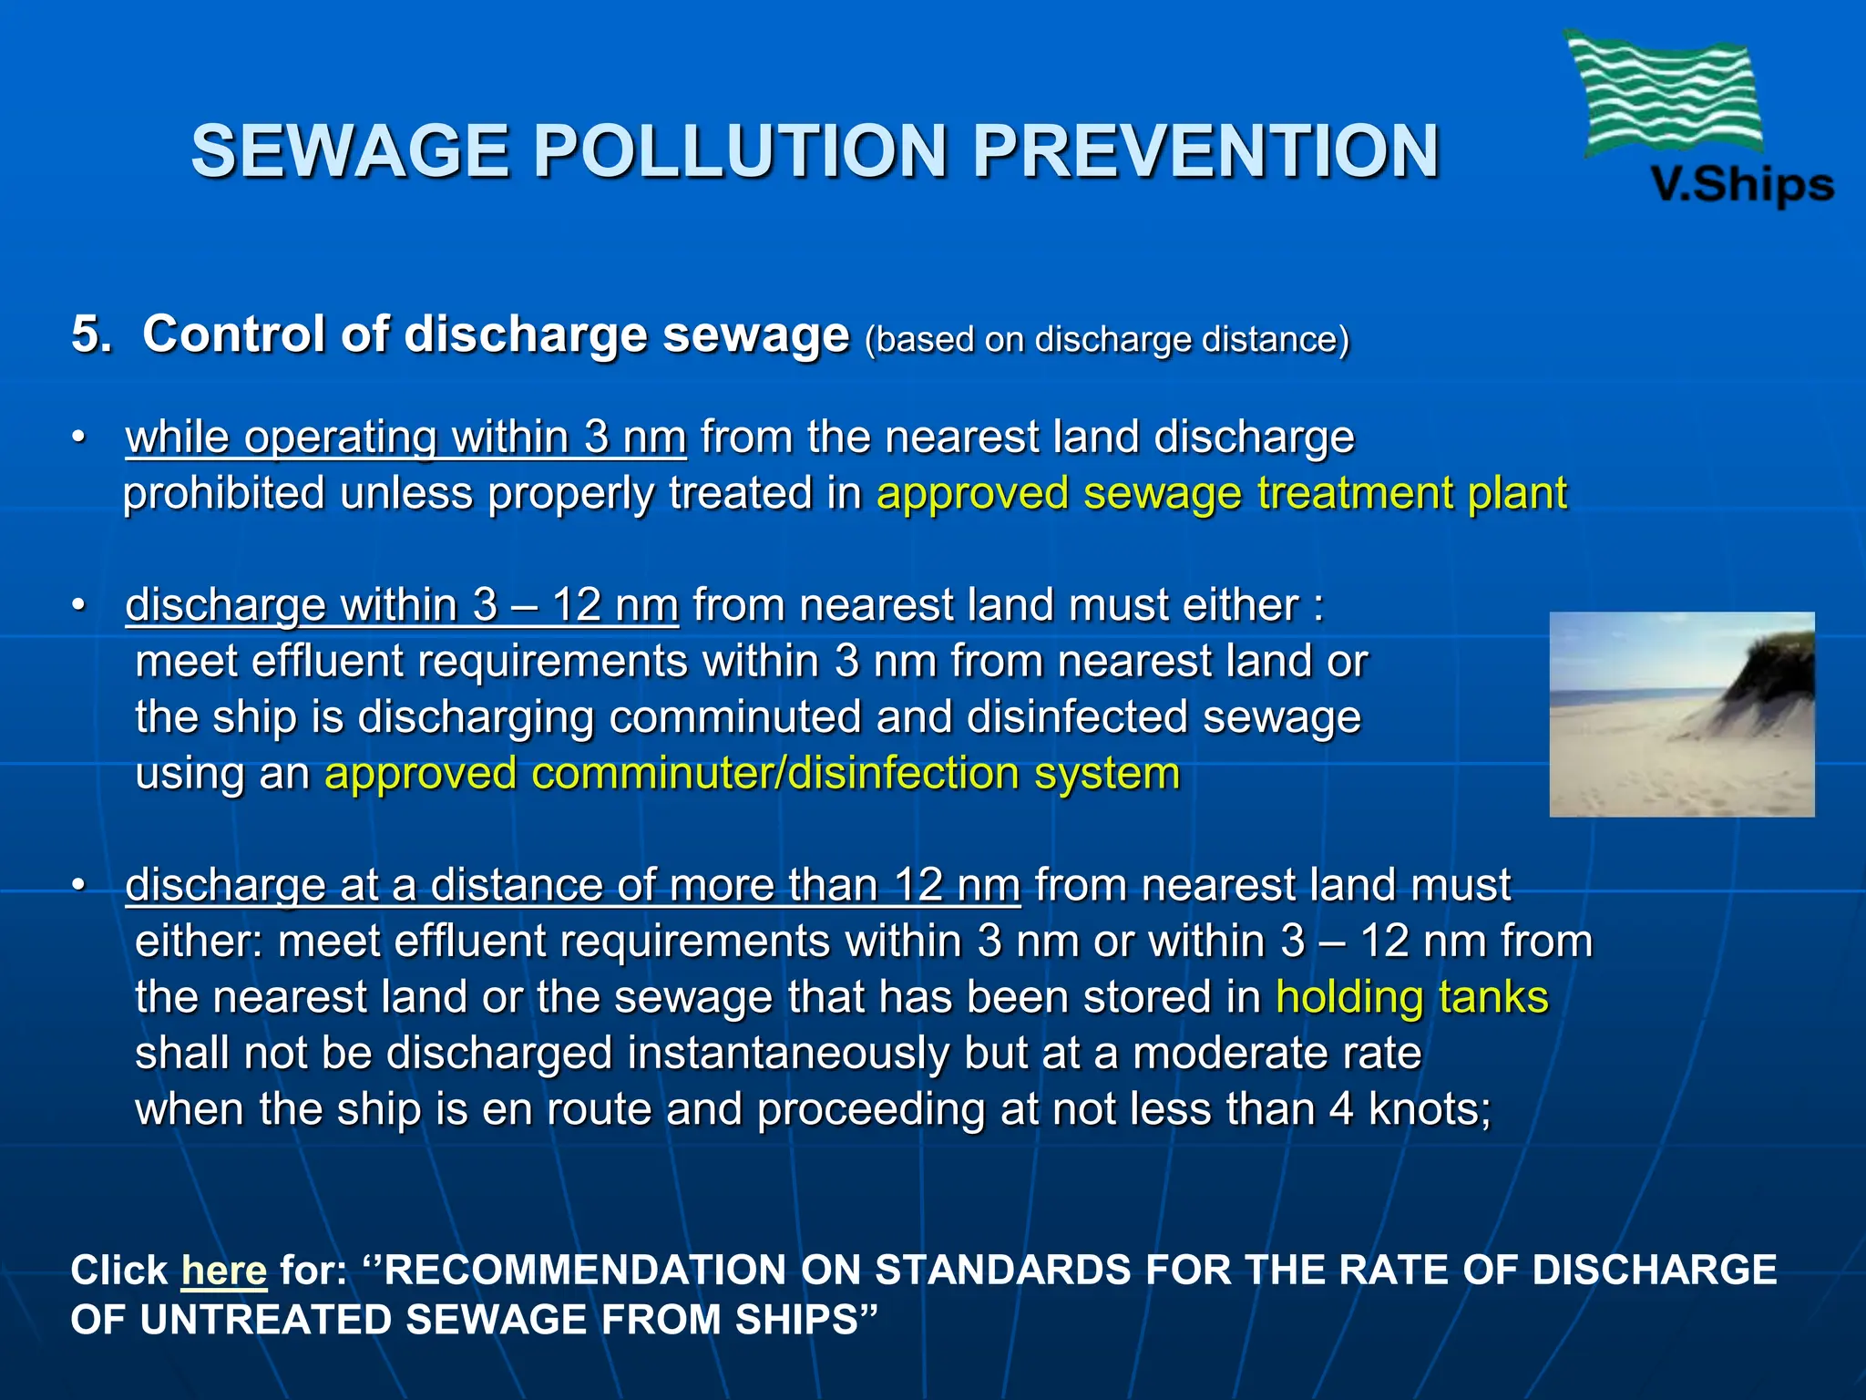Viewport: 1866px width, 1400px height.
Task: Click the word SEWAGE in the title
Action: pyautogui.click(x=350, y=151)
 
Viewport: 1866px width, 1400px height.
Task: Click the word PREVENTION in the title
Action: pyautogui.click(x=1205, y=151)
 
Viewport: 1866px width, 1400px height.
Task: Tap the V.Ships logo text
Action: pyautogui.click(x=1741, y=185)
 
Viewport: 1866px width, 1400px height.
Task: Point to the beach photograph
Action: pyautogui.click(x=1681, y=715)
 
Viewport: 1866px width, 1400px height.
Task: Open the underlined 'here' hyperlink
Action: pyautogui.click(x=224, y=1270)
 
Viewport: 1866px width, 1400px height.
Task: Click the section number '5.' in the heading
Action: pyautogui.click(x=91, y=335)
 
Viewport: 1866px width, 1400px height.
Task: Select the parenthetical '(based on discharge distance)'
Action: pyautogui.click(x=1106, y=339)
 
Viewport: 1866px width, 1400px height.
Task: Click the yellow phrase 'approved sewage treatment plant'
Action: pyautogui.click(x=1221, y=494)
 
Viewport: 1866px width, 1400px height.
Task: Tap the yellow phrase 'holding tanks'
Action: pyautogui.click(x=1411, y=997)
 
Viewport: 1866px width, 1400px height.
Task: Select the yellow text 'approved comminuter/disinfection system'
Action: pyautogui.click(x=752, y=774)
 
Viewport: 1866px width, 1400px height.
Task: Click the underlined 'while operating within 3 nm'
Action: pyautogui.click(x=405, y=437)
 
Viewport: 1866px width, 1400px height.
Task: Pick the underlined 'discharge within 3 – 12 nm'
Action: pyautogui.click(x=402, y=605)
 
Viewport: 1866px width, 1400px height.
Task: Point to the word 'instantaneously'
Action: pyautogui.click(x=787, y=1054)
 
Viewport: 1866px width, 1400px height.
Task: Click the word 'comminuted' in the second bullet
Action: pyautogui.click(x=734, y=717)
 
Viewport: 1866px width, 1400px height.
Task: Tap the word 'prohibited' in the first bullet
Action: pyautogui.click(x=224, y=494)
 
